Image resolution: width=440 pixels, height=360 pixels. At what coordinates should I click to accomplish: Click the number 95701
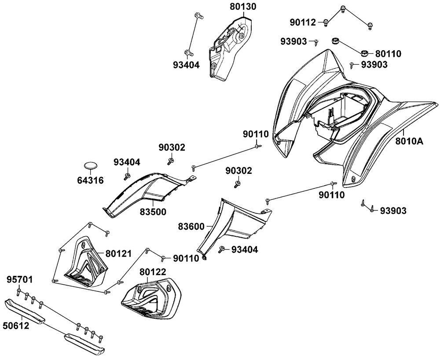coord(19,279)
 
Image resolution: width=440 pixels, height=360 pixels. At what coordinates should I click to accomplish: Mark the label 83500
coord(153,212)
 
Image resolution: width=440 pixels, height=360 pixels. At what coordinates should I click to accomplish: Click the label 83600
coord(191,227)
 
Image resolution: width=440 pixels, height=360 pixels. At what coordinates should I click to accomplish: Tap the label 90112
coord(303,22)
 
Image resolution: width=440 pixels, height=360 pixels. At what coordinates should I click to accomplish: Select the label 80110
coord(388,54)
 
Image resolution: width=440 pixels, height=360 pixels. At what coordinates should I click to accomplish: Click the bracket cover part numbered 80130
coord(229,48)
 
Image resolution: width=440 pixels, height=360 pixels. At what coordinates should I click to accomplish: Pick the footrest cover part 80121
coord(86,264)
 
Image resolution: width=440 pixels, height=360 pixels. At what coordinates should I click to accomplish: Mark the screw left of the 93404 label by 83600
coord(222,250)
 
